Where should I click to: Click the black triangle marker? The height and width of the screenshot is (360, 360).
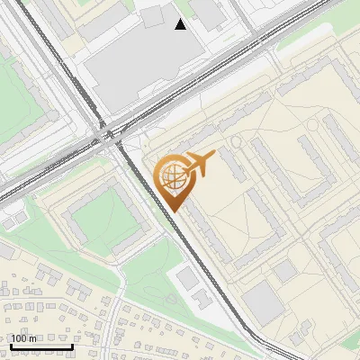tap(181, 24)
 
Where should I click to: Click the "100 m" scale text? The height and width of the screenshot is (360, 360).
tap(24, 338)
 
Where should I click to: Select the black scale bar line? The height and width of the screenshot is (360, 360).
tap(41, 346)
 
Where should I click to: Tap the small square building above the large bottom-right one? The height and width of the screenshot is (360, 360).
tap(286, 270)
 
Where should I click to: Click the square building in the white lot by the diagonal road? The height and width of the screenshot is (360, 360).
tap(187, 278)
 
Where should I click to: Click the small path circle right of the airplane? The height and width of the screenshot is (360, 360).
tap(238, 142)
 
